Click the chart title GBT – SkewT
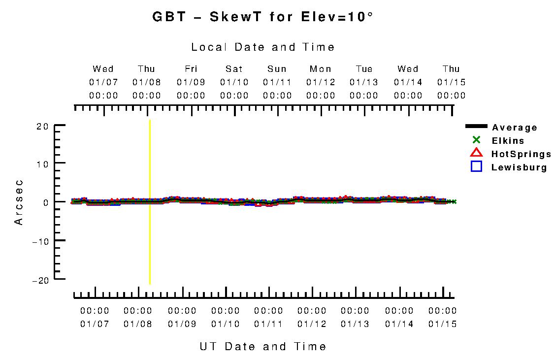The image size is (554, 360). pos(263,17)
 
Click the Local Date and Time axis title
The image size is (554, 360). pos(263,47)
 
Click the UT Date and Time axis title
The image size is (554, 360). pos(263,346)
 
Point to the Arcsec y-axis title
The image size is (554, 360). pos(19,202)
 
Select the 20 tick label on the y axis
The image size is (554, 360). pos(42,126)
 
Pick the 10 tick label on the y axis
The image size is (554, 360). pos(42,163)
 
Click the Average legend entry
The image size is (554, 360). pos(515,128)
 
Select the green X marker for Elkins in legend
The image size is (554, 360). pos(476,140)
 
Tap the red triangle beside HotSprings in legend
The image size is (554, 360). pos(476,153)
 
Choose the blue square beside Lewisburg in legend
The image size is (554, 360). pos(476,166)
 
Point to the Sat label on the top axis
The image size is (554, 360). pos(234,69)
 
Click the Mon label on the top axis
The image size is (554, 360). pos(321,69)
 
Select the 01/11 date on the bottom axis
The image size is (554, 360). pos(268,324)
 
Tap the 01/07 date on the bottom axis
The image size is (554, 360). pos(95,324)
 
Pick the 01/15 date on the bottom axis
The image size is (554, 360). pos(442,324)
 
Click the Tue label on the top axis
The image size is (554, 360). pos(364,69)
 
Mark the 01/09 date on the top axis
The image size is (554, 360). pos(191,82)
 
